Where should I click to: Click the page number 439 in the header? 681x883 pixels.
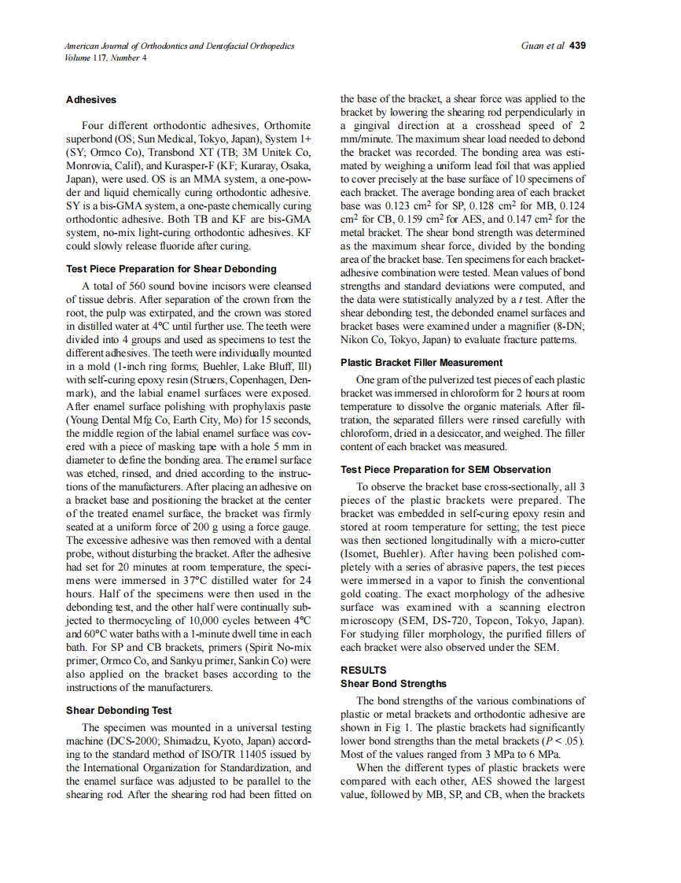(577, 46)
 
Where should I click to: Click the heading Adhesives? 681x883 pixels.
(91, 100)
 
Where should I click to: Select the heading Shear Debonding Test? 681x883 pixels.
(119, 711)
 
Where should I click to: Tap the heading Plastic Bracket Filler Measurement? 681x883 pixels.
(421, 363)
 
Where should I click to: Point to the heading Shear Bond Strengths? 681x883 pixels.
(393, 683)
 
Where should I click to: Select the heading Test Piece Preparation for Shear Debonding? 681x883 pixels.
(171, 268)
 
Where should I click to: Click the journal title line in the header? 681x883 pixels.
(180, 46)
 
